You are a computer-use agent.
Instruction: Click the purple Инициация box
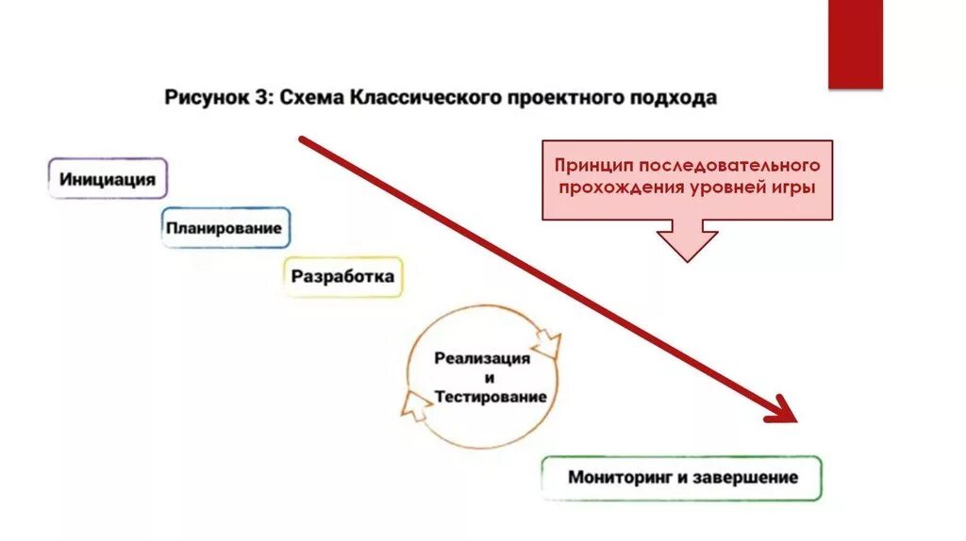click(108, 178)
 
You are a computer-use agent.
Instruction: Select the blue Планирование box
click(225, 228)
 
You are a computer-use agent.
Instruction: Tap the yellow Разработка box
click(342, 277)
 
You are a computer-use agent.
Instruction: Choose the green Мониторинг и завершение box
click(681, 478)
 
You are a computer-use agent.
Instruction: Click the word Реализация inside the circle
click(482, 359)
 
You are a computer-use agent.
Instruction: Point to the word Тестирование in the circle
click(491, 397)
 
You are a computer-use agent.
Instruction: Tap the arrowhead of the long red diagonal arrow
click(784, 411)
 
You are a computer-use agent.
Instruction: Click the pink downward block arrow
click(687, 239)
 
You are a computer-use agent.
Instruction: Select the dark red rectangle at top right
click(855, 43)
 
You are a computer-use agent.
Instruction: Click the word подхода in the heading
click(675, 98)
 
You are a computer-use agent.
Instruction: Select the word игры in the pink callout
click(791, 187)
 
